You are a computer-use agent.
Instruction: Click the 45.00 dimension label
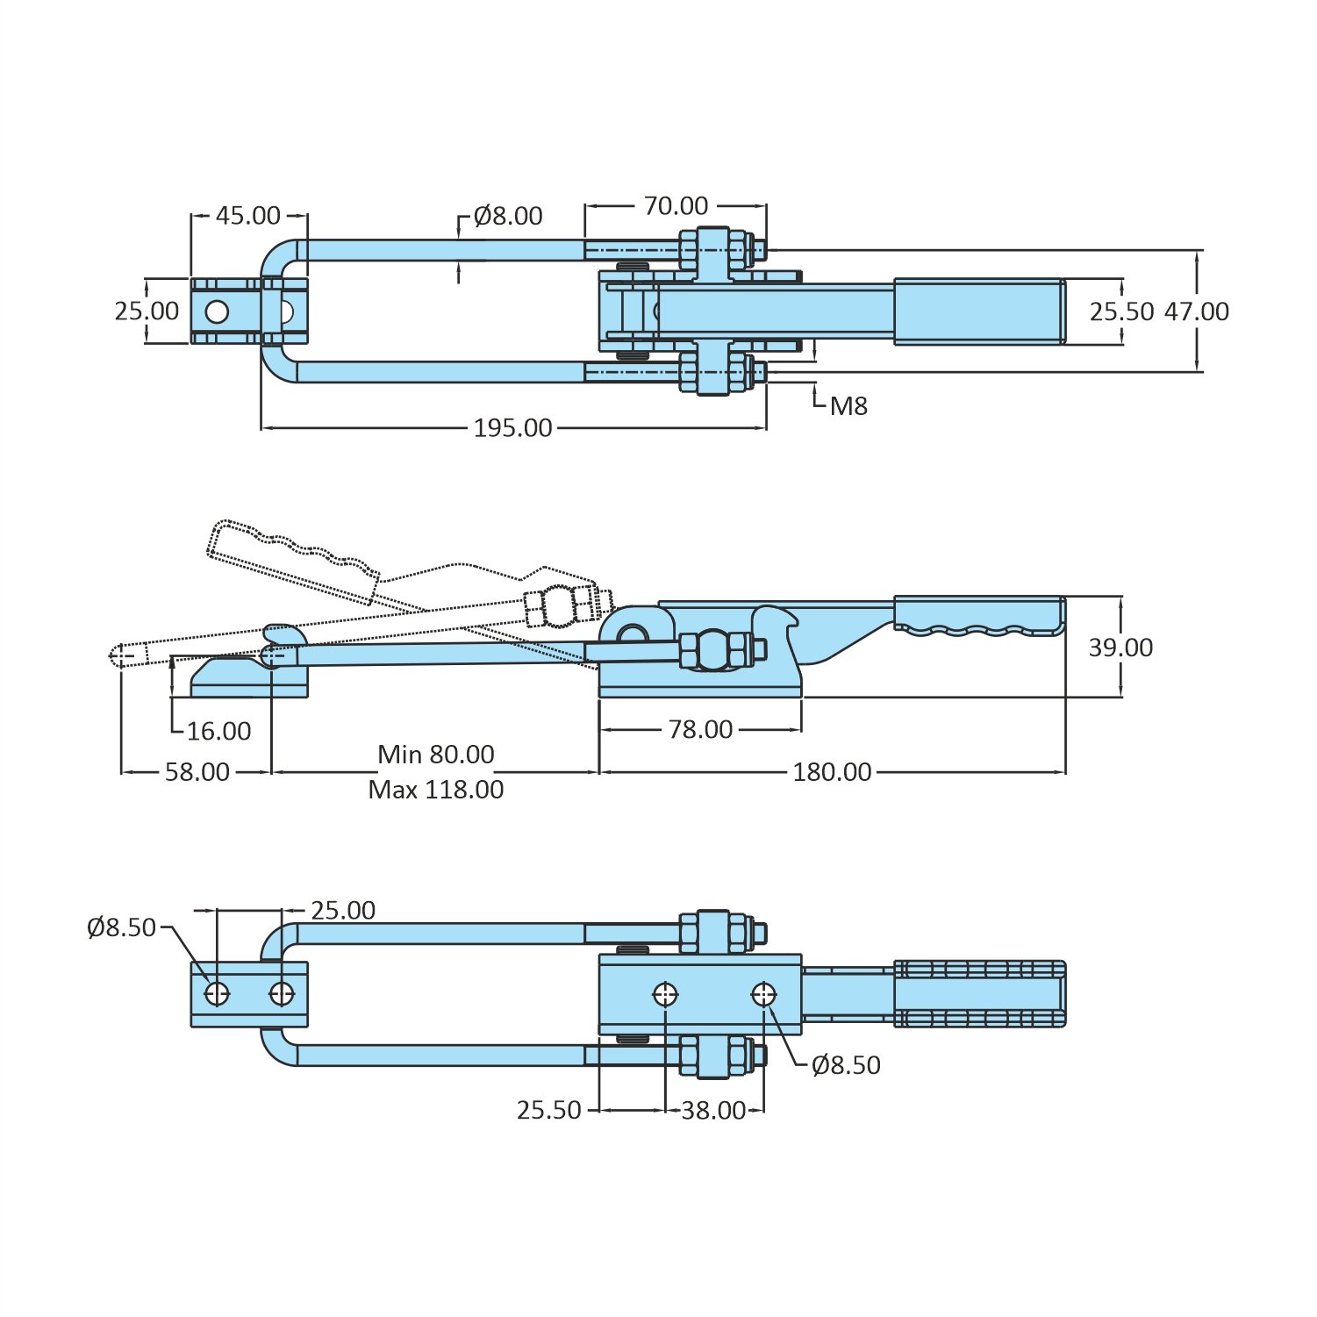248,216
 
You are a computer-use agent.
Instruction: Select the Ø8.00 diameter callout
507,216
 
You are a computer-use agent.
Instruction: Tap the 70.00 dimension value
676,206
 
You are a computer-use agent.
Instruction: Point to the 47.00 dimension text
1196,311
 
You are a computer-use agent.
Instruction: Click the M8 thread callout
848,406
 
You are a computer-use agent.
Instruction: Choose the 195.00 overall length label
512,428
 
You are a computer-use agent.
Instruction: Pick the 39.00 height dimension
1120,648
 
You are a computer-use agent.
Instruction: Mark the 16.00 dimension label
218,731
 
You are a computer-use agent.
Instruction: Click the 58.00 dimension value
197,772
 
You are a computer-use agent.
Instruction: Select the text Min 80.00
435,755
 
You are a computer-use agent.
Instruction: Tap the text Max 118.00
435,790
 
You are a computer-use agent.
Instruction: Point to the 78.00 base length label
700,730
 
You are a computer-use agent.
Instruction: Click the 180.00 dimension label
832,772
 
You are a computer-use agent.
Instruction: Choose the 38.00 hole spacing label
713,1111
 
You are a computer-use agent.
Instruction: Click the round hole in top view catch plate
217,311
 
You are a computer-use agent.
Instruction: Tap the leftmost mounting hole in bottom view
217,994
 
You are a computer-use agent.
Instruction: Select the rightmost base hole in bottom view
763,995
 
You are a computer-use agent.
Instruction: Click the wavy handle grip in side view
978,616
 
